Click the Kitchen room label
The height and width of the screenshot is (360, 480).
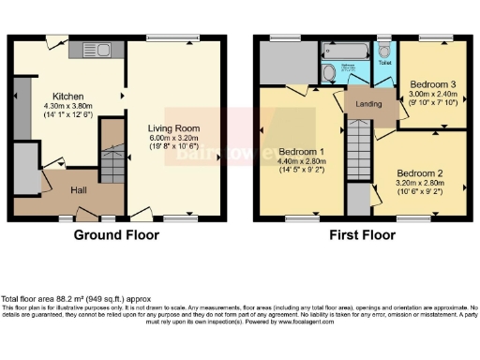[x=67, y=96]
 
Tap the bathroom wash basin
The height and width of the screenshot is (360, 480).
[x=327, y=73]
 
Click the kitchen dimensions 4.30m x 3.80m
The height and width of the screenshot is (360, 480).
[x=67, y=106]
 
